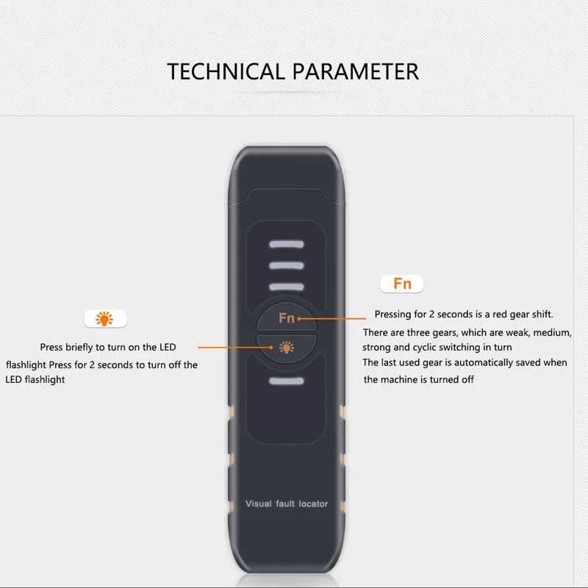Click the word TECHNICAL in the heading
point(226,71)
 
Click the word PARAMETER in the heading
point(355,71)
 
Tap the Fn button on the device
point(287,317)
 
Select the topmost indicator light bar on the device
point(287,245)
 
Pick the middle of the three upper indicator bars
point(287,266)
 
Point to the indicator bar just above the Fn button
point(287,287)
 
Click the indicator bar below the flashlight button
point(287,381)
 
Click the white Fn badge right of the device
point(401,284)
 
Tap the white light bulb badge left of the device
point(105,319)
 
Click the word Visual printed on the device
point(259,503)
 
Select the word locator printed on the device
point(314,503)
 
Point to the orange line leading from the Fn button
point(332,319)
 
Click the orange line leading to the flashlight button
point(235,348)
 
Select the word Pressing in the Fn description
point(392,315)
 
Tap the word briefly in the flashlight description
point(79,347)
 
